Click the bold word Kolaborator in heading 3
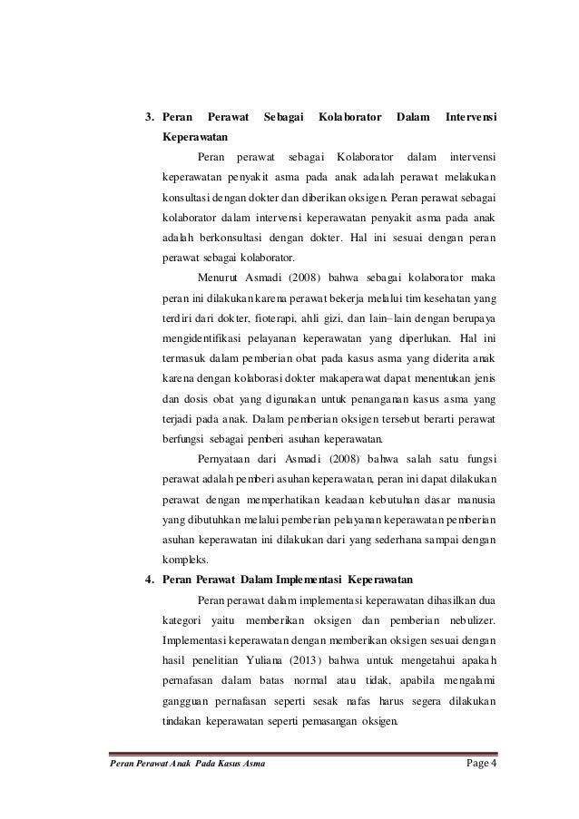(x=350, y=117)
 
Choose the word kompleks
(x=184, y=558)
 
